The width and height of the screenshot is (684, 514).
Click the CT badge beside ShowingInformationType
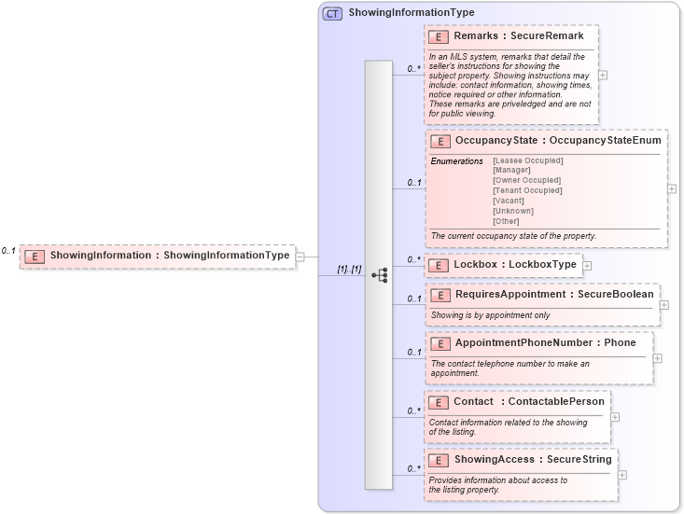(332, 13)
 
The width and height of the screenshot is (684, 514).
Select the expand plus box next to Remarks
(603, 76)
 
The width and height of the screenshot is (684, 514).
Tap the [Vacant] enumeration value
(509, 201)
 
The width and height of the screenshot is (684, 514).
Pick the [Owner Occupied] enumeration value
(526, 180)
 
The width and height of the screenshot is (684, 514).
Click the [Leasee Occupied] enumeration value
(527, 160)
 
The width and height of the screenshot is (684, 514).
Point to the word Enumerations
(457, 161)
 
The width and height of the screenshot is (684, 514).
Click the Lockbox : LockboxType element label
(514, 265)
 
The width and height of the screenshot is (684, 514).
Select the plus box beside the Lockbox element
(587, 266)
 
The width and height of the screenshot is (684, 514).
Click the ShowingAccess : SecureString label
(532, 460)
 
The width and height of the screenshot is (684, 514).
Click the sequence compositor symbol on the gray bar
(379, 275)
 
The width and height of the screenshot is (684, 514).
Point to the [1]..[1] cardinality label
(350, 270)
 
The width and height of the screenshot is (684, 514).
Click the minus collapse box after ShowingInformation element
(300, 256)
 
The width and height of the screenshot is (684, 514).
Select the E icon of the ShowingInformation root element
(35, 256)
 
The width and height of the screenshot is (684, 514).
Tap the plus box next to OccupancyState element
(672, 188)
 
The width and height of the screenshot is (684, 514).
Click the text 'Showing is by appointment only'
(490, 315)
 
